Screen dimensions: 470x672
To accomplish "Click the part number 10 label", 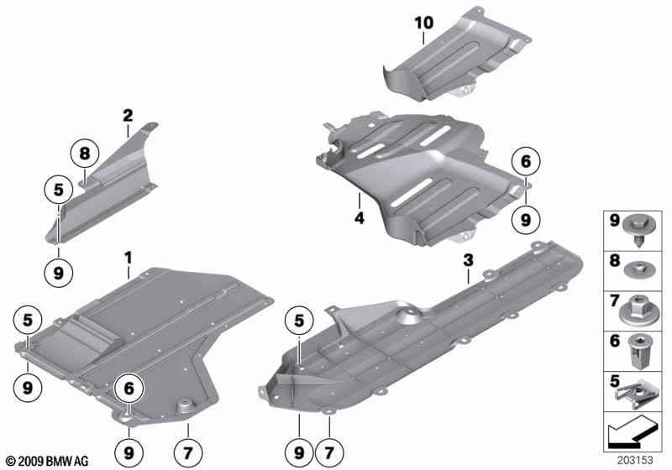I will pos(424,23).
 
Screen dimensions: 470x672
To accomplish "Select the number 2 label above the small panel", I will pos(127,116).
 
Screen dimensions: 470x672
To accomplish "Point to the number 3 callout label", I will pos(469,260).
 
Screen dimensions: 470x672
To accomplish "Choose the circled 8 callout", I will pos(84,154).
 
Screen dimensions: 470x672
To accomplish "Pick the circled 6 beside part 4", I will pos(526,162).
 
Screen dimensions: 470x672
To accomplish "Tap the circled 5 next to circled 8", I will pos(59,191).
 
